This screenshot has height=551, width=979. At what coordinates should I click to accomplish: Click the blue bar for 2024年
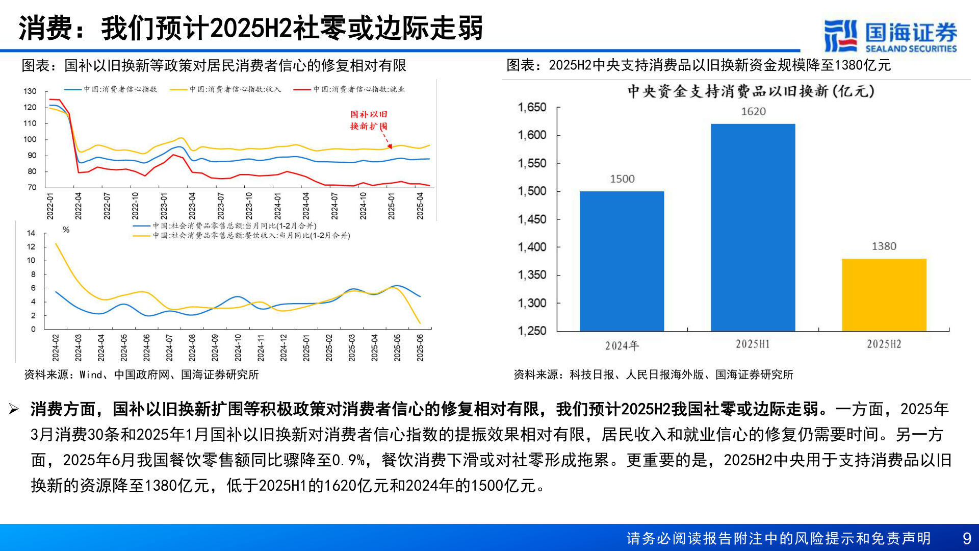(622, 261)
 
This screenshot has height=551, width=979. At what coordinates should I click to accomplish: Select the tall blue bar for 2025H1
(753, 228)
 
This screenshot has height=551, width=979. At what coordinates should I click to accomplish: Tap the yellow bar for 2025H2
(884, 295)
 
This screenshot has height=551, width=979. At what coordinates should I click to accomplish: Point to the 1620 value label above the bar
(753, 112)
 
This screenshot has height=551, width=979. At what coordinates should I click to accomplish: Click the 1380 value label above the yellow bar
(884, 246)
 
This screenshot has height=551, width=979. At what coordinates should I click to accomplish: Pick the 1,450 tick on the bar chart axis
(532, 219)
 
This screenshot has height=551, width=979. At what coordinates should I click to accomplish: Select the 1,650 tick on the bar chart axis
(532, 108)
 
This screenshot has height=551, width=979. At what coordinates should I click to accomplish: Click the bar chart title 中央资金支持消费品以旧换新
(751, 91)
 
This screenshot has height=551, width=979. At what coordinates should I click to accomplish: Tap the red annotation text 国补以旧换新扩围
(369, 120)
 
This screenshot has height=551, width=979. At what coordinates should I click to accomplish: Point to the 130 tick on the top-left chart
(30, 91)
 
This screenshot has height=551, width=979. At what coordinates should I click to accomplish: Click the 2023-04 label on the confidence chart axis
(192, 206)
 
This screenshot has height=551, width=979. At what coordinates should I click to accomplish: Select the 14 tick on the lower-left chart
(31, 233)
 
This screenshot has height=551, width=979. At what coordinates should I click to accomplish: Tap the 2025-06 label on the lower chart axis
(420, 348)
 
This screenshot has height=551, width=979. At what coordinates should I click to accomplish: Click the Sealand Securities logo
(890, 36)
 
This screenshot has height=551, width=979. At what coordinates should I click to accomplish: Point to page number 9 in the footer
(967, 538)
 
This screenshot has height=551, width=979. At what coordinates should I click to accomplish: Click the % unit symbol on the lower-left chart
(66, 230)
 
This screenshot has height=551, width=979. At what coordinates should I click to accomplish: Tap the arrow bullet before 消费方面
(14, 409)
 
